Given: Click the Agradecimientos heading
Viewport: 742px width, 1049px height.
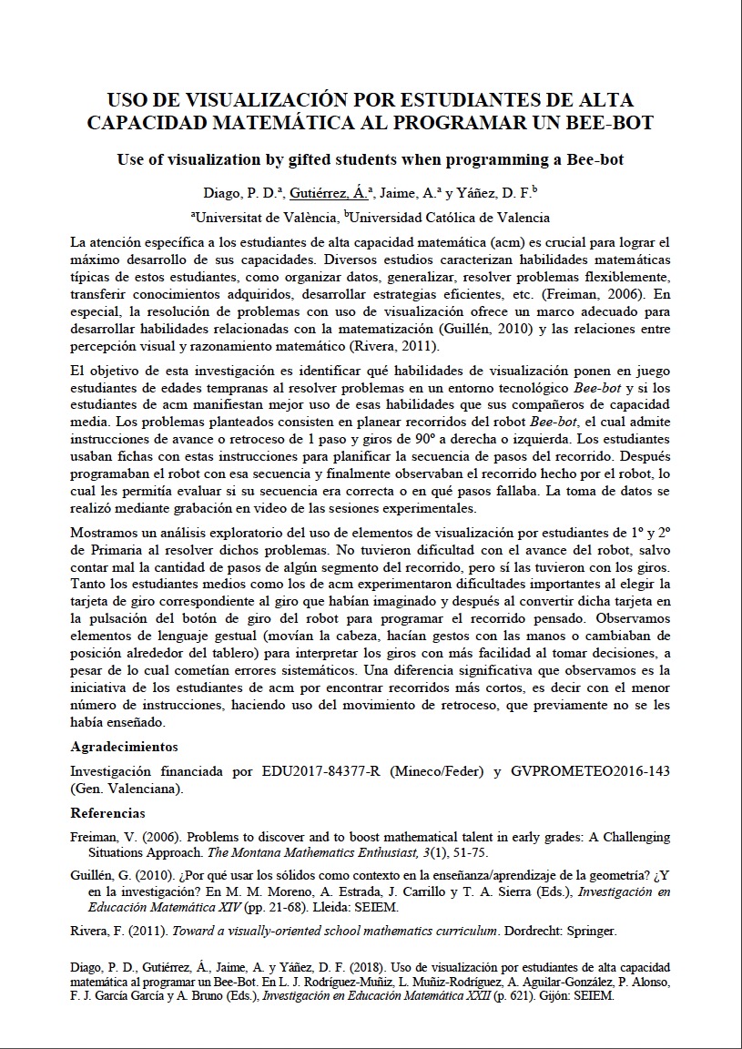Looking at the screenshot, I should coord(124,747).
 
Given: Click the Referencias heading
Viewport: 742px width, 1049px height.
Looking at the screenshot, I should coord(107,813).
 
